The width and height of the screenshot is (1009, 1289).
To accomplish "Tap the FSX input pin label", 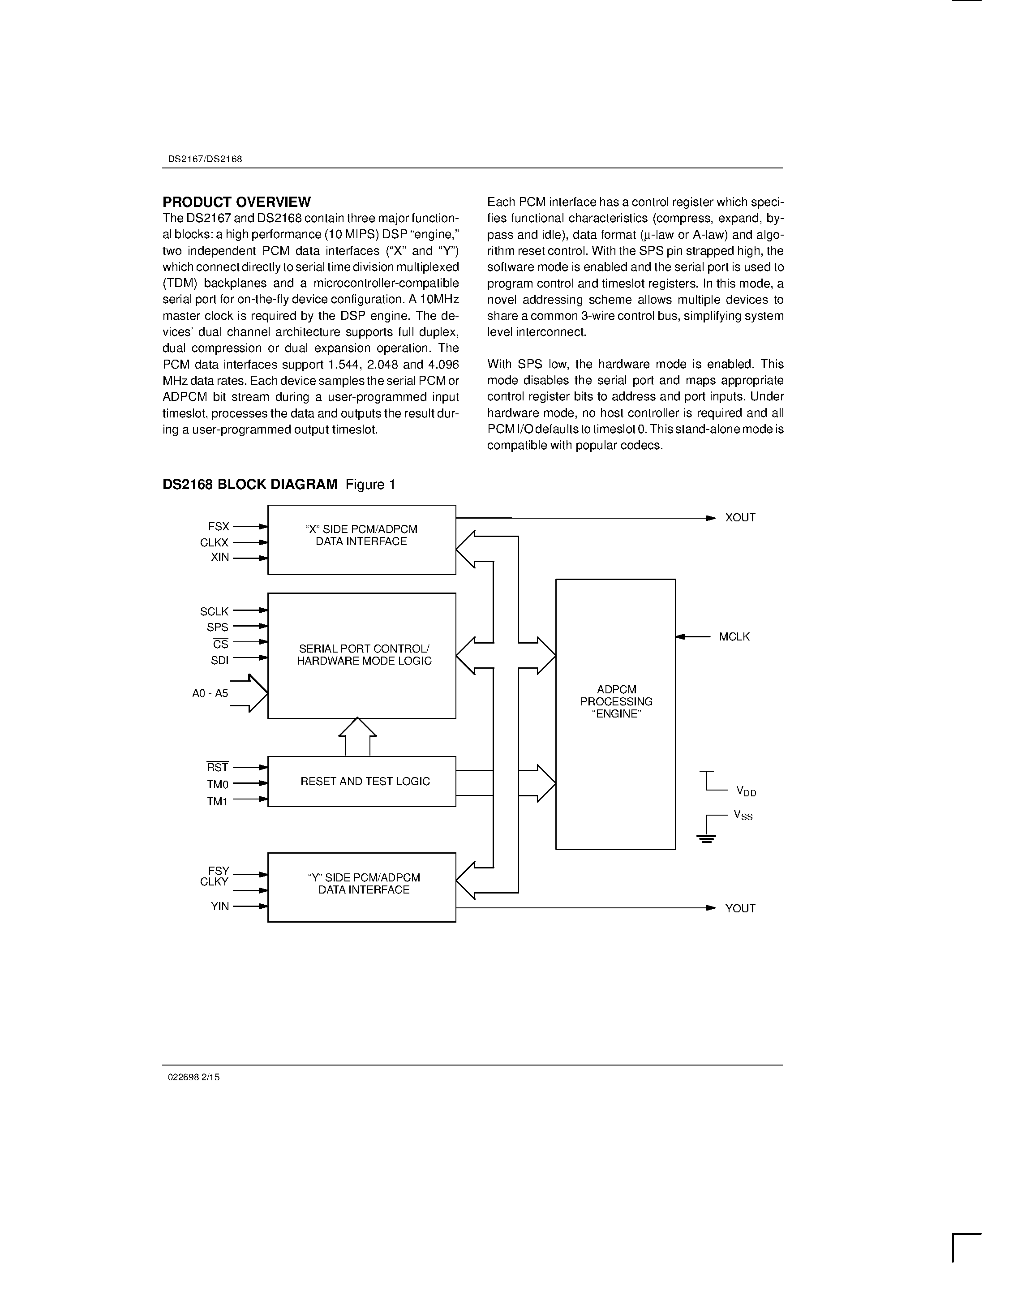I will pyautogui.click(x=218, y=526).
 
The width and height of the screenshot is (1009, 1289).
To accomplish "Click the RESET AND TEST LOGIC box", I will pyautogui.click(x=365, y=782).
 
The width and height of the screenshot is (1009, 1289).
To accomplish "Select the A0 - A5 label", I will pyautogui.click(x=210, y=693).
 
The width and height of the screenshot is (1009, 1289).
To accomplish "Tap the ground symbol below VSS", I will pyautogui.click(x=706, y=838).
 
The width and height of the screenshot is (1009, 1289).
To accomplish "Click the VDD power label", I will pyautogui.click(x=746, y=791).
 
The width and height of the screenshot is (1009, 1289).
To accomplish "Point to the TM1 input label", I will pyautogui.click(x=217, y=802).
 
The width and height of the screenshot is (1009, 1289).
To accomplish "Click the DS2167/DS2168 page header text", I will pyautogui.click(x=205, y=159).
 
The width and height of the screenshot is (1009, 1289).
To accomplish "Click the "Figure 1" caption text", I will pyautogui.click(x=370, y=485).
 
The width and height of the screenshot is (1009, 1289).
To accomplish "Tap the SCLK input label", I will pyautogui.click(x=214, y=612).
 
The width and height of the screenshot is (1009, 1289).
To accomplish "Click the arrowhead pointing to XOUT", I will pyautogui.click(x=711, y=518).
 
